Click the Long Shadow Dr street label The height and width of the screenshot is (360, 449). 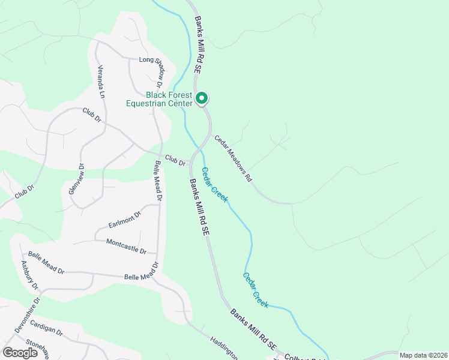click(154, 60)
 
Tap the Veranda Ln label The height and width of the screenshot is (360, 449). click(101, 82)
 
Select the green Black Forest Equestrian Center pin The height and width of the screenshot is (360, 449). click(203, 97)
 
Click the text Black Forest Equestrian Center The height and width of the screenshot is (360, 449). click(159, 99)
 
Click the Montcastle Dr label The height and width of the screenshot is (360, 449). click(126, 246)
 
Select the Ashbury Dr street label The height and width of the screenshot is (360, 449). click(29, 275)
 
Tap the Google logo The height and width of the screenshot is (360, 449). click(20, 353)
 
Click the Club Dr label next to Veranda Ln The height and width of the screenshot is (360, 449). click(92, 115)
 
